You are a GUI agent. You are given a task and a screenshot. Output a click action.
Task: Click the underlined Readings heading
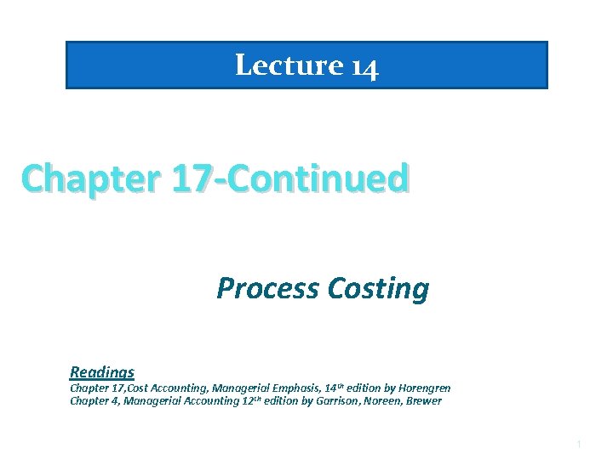102,371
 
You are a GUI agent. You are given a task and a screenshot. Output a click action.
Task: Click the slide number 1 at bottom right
578,445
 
